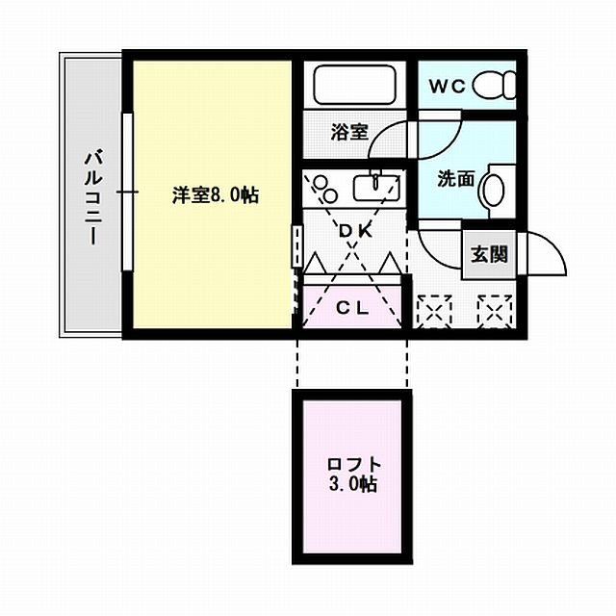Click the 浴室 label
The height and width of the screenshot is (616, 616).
coord(349,131)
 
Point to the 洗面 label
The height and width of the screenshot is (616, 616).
coord(454,178)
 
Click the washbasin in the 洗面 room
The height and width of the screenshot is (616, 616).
coord(493,187)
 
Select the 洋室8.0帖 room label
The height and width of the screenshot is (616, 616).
coord(215,195)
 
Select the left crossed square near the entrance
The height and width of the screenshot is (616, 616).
coord(434,310)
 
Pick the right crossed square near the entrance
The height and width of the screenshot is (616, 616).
coord(495,310)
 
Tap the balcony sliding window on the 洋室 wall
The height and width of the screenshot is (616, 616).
coord(125,192)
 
